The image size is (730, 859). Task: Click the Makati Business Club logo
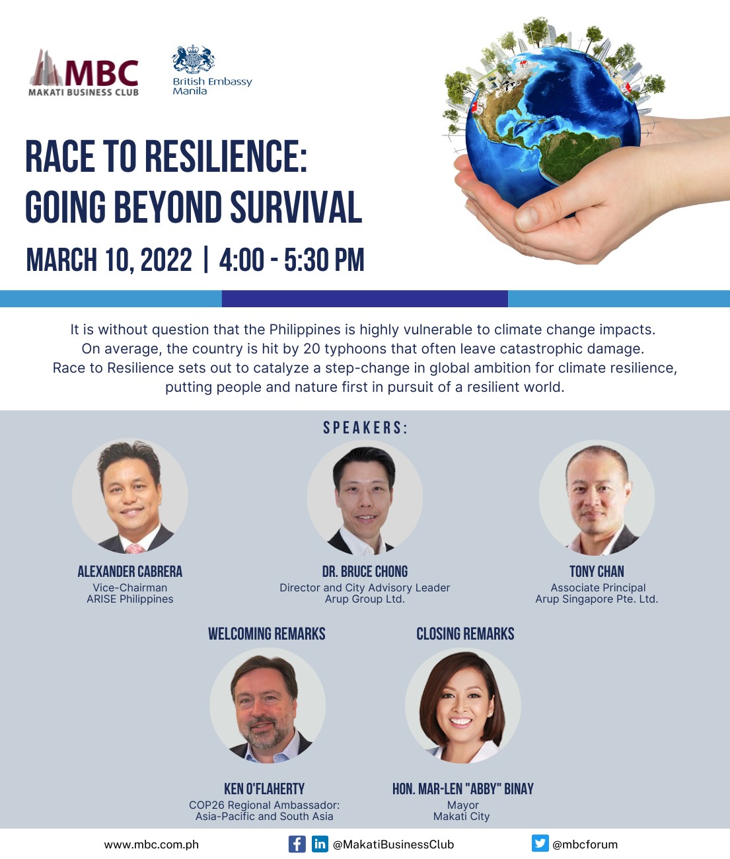(x=83, y=73)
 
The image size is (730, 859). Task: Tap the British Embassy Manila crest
(x=193, y=59)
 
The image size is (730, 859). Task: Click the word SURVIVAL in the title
(x=296, y=207)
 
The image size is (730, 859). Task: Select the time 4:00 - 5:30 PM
(x=291, y=260)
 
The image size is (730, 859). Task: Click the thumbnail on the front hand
(x=527, y=218)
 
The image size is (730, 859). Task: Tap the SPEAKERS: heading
(x=365, y=428)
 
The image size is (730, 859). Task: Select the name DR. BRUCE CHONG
(x=365, y=572)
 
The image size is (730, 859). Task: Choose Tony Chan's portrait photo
(x=597, y=498)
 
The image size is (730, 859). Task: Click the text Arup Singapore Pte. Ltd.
(x=597, y=599)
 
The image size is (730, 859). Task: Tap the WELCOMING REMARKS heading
(x=267, y=634)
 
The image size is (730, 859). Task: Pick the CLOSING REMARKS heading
(x=465, y=634)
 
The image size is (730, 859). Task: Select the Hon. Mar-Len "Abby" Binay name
(x=463, y=788)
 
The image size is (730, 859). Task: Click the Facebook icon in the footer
(x=297, y=844)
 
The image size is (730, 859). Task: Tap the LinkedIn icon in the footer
(x=320, y=844)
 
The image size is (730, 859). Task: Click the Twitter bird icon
(x=540, y=843)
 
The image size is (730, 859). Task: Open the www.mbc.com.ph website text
(x=151, y=845)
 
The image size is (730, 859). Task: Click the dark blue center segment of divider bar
(x=365, y=299)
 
